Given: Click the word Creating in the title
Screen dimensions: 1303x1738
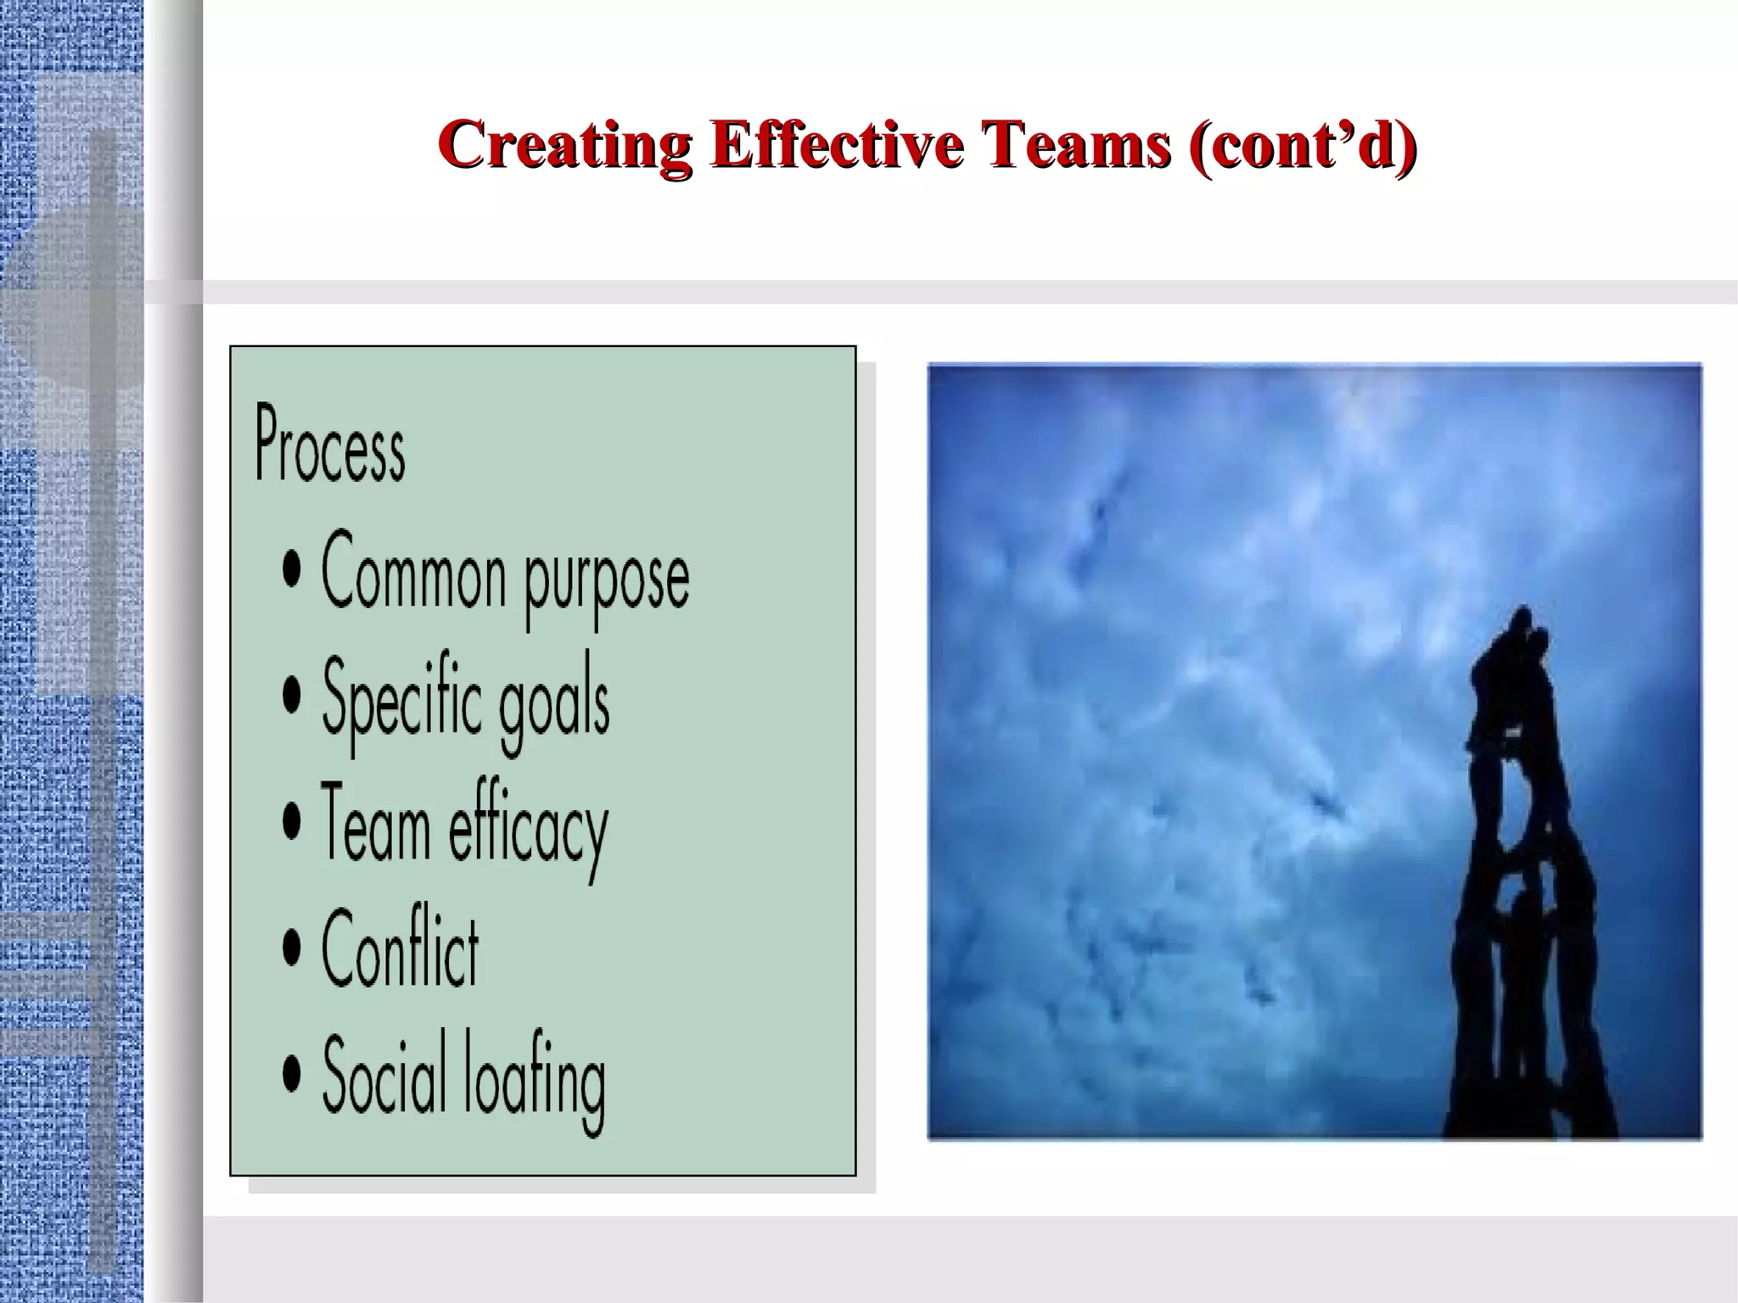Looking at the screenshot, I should [566, 145].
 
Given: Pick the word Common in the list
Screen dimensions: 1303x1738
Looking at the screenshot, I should [412, 570].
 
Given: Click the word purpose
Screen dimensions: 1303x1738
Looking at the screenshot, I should [606, 579].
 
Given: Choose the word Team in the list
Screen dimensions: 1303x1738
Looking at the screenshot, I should [374, 824].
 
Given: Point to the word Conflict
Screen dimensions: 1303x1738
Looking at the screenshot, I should [400, 948].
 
